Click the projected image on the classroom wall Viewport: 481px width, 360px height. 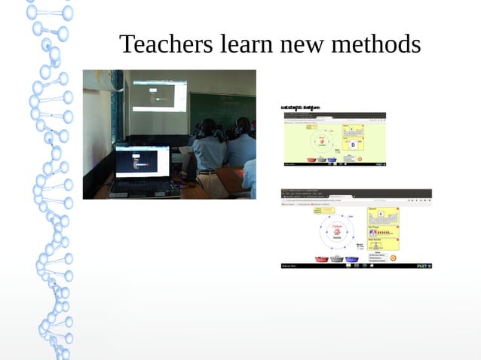click(x=159, y=96)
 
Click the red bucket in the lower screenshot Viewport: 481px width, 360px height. click(x=321, y=259)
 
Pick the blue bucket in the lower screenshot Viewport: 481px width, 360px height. click(x=352, y=259)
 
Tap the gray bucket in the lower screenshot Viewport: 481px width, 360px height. click(x=336, y=259)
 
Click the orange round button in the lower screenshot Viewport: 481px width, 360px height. click(x=393, y=258)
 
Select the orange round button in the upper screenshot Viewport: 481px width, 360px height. click(x=359, y=159)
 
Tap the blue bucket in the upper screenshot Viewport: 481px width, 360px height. click(x=332, y=160)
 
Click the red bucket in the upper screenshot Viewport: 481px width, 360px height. click(x=311, y=160)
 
